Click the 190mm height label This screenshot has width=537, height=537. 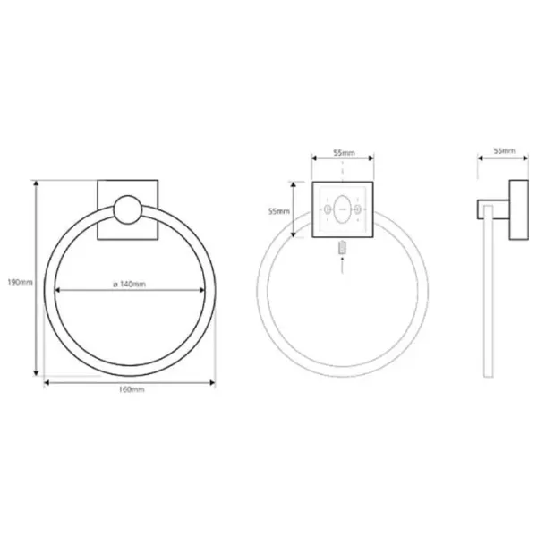point(21,282)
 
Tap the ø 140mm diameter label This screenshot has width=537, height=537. point(130,285)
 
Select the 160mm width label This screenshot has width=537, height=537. point(132,389)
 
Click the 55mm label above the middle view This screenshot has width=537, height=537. point(345,153)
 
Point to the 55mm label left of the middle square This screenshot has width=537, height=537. point(278,211)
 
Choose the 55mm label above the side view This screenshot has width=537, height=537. point(504,150)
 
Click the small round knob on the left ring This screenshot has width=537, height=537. point(128,209)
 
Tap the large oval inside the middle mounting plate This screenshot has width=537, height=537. point(342,209)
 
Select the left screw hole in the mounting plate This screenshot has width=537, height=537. point(328,209)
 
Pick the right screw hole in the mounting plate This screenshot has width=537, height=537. point(357,209)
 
